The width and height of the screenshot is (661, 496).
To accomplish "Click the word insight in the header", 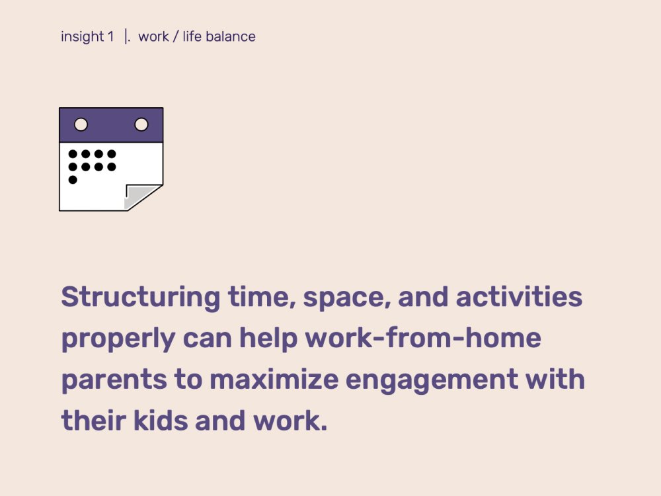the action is (x=82, y=37).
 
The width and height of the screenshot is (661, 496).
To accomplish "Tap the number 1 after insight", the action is (x=110, y=36).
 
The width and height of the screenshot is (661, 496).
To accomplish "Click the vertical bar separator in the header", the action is (x=126, y=36).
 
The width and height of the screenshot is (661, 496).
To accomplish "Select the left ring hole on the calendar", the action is (x=81, y=124).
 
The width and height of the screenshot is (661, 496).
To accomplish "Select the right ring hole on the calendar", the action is (x=141, y=124).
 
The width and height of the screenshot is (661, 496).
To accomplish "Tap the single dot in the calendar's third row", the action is (x=73, y=180).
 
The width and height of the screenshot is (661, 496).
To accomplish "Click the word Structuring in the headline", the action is (x=140, y=298).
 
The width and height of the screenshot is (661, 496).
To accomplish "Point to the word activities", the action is (x=519, y=296).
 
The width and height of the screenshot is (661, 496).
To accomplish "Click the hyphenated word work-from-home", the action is (x=423, y=338).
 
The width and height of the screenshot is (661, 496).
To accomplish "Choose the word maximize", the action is (x=274, y=379).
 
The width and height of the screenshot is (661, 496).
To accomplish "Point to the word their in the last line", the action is (x=94, y=421).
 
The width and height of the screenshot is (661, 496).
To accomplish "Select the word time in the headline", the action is (x=261, y=298).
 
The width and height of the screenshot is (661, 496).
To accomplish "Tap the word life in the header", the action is (x=192, y=36).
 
